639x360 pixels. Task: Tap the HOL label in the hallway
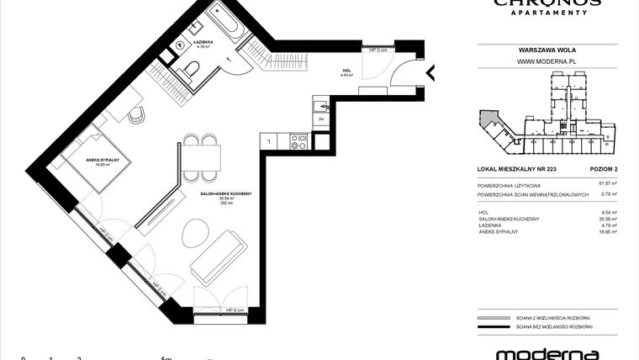[345, 71]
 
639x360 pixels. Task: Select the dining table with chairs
[201, 155]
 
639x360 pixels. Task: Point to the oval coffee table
[193, 232]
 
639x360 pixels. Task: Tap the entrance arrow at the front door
[433, 73]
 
